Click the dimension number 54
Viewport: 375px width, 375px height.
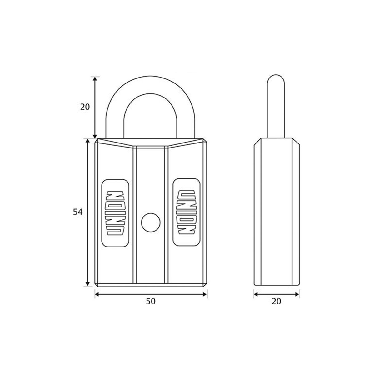77,212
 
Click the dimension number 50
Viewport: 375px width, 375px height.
151,301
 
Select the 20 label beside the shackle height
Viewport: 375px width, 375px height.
85,107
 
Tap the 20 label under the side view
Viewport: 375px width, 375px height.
277,301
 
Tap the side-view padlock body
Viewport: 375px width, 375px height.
277,212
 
